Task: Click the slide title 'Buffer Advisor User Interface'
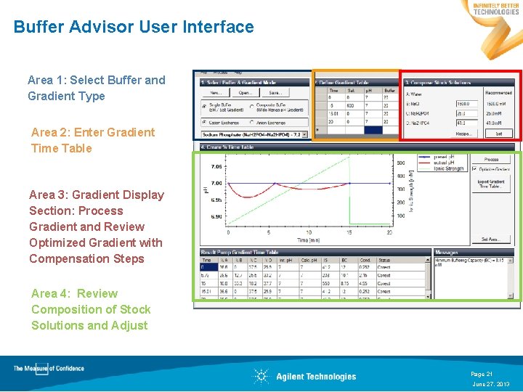134,28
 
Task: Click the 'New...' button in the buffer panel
216,93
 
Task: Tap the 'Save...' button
275,93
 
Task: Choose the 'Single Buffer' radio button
204,106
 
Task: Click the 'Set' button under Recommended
498,134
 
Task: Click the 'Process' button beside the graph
492,159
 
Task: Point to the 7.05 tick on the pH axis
216,166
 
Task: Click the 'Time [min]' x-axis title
309,240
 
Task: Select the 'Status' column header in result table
384,260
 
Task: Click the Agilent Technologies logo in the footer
305,376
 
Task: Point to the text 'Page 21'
482,374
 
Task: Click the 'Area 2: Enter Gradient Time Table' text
93,140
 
